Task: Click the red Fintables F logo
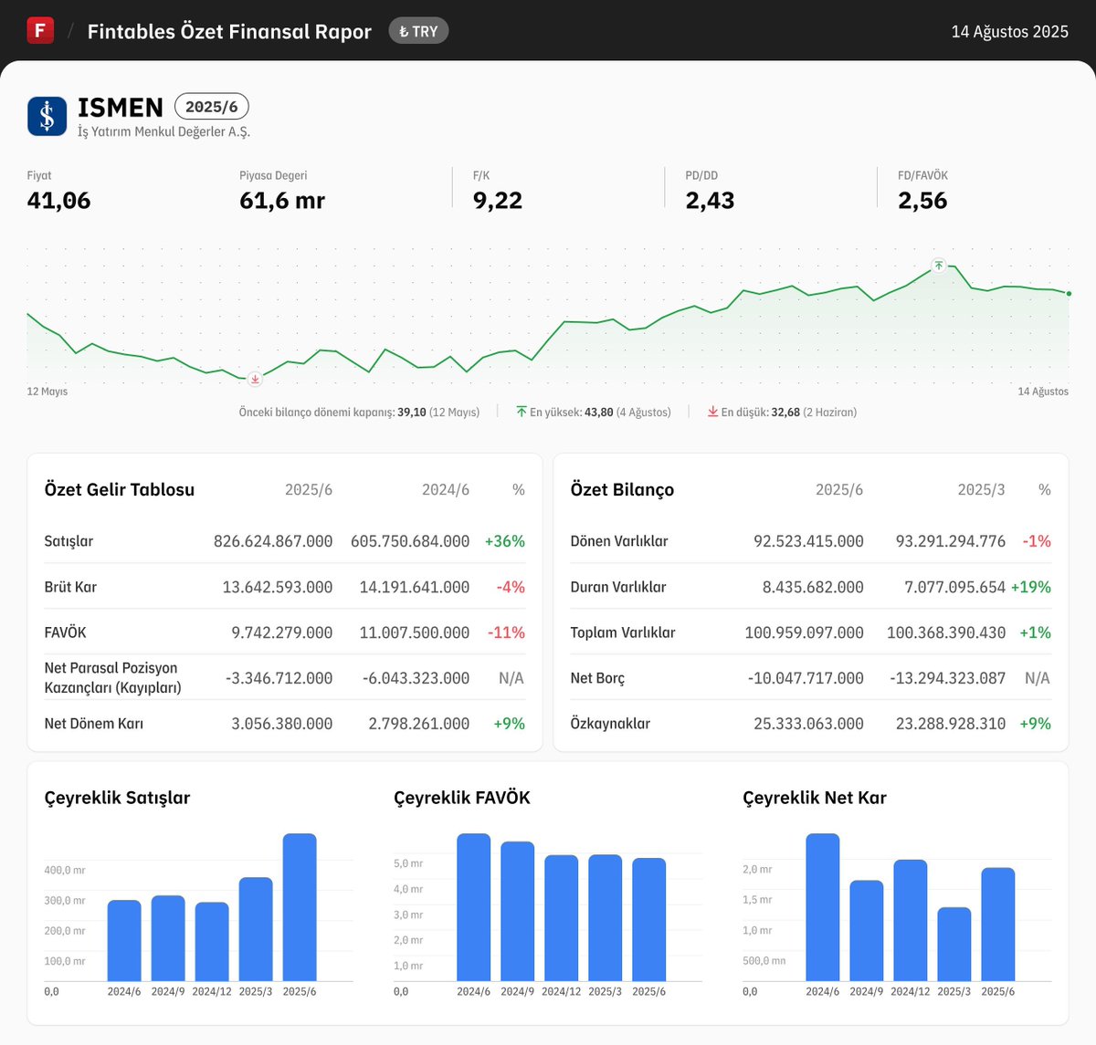coord(40,30)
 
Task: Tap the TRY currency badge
coord(418,31)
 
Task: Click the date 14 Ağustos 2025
coord(1009,32)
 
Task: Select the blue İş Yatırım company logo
coord(47,116)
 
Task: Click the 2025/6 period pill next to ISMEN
coord(211,107)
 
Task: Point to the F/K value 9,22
coord(498,201)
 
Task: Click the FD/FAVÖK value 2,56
coord(922,201)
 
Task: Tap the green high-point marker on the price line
coord(938,266)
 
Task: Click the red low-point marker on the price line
coord(255,379)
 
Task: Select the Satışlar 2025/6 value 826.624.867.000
coord(273,541)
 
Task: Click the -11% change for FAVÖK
coord(506,632)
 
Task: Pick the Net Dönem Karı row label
coord(94,724)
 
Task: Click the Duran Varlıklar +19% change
coord(1030,587)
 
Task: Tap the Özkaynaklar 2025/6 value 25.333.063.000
coord(808,724)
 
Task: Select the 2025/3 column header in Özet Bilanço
coord(981,490)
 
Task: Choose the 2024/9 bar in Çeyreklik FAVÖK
coord(517,911)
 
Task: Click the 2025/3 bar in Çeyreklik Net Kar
coord(954,944)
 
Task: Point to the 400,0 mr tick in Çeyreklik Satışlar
coord(65,871)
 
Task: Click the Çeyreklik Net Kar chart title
coord(815,798)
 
